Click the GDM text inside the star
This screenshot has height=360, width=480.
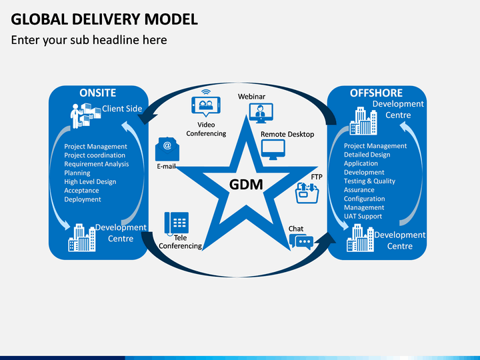coord(246,184)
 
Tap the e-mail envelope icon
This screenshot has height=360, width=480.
coord(167,149)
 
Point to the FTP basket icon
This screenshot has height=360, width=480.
coord(307,193)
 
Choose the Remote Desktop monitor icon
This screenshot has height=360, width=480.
coord(273,150)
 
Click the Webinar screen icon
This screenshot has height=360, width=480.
coord(261,113)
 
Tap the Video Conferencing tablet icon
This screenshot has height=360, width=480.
coord(206,104)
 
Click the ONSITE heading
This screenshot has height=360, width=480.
coord(97,93)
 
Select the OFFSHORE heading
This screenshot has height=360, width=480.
coord(376,93)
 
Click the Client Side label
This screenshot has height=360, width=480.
coord(122,109)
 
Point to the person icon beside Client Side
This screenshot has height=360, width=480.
coord(75,116)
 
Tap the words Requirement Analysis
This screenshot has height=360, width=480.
coord(97,164)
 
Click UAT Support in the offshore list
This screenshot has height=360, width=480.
coord(363,216)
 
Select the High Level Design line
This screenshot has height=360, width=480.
coord(90,182)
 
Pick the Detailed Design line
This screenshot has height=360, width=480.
coord(367,155)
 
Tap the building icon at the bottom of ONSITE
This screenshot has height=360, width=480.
coord(82,238)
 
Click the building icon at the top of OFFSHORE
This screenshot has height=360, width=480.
coord(363,121)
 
